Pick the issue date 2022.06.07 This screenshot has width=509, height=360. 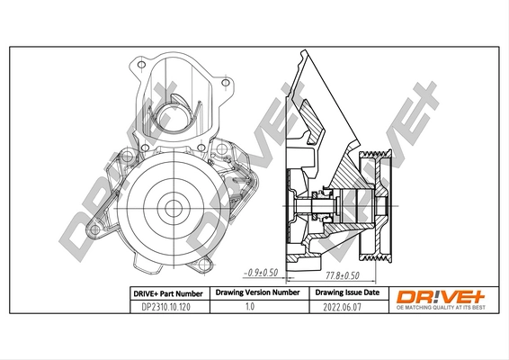point(346,307)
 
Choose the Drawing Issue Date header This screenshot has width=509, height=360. point(346,293)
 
